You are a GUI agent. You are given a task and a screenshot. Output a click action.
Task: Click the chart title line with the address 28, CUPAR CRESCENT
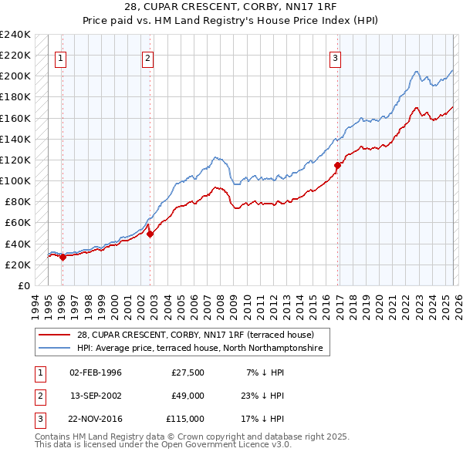click(231, 7)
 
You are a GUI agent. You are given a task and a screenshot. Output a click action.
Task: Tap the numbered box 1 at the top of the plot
click(61, 56)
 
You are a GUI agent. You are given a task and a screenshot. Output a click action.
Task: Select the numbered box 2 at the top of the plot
click(147, 56)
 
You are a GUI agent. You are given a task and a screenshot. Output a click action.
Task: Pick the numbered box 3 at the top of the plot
click(336, 56)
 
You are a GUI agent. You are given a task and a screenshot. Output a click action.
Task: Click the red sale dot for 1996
click(63, 258)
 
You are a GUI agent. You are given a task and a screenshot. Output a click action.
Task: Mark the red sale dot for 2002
click(150, 234)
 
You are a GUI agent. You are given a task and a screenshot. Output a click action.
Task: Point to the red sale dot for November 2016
click(337, 165)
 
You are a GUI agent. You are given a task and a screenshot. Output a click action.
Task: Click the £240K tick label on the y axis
click(15, 35)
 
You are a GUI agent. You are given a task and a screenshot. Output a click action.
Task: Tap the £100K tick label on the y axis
click(15, 180)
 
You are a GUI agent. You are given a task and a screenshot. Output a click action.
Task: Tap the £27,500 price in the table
click(188, 372)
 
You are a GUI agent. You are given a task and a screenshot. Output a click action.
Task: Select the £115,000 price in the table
click(185, 419)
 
